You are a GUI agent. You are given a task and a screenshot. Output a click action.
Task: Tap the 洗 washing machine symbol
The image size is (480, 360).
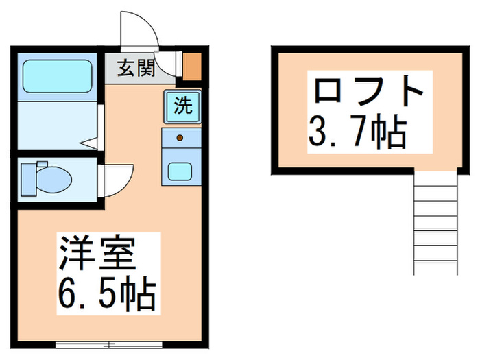[182, 106]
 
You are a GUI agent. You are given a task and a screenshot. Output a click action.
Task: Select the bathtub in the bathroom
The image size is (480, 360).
[58, 76]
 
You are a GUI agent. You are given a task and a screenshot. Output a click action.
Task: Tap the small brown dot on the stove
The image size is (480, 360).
[180, 139]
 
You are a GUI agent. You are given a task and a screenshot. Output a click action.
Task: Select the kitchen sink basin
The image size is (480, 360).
[181, 169]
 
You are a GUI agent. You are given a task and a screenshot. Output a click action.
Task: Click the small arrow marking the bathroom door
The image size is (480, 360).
[89, 143]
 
